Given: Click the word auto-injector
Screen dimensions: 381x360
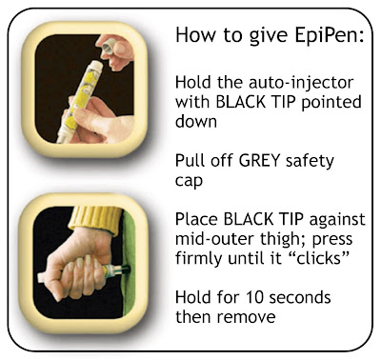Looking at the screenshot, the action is pyautogui.click(x=301, y=83).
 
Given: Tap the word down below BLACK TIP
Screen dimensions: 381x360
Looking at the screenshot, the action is pyautogui.click(x=196, y=121).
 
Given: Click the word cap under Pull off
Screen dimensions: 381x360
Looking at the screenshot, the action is pyautogui.click(x=189, y=182).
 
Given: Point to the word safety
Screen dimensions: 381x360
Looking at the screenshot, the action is pyautogui.click(x=310, y=162).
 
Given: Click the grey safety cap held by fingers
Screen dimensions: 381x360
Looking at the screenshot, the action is pyautogui.click(x=110, y=47).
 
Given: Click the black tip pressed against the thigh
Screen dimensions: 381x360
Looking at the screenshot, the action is pyautogui.click(x=126, y=270).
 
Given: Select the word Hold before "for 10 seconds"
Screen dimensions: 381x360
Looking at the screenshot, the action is pyautogui.click(x=193, y=297).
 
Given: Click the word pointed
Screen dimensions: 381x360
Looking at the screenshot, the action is pyautogui.click(x=331, y=103).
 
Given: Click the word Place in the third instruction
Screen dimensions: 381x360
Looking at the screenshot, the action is pyautogui.click(x=196, y=219).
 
